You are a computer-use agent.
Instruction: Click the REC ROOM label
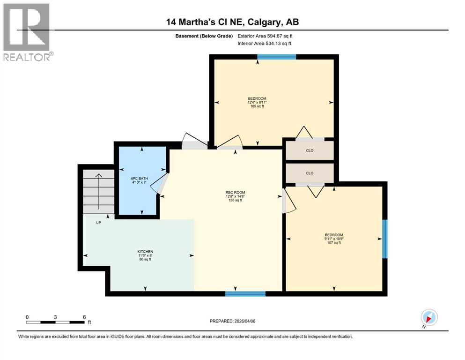[x=236, y=192]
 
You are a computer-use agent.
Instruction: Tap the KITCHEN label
[x=145, y=251]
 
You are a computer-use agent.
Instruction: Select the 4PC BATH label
[x=139, y=178]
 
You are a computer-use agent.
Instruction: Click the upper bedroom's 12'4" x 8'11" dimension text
[x=257, y=102]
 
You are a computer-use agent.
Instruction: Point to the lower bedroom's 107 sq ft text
[x=334, y=243]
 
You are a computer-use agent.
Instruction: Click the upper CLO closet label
[x=310, y=150]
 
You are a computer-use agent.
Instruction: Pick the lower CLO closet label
[x=310, y=173]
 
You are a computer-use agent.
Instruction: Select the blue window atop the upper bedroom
[x=276, y=57]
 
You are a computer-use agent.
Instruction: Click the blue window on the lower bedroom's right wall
[x=384, y=239]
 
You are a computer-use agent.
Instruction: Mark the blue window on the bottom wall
[x=245, y=294]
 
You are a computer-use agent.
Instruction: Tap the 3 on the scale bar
[x=55, y=317]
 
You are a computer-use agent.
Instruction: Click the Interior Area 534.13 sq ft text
[x=265, y=43]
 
